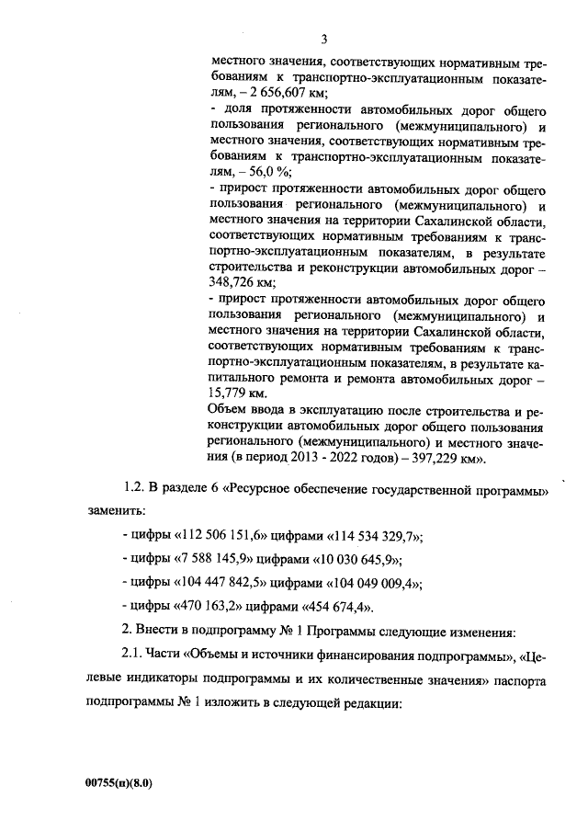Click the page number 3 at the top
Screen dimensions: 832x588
(x=324, y=39)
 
